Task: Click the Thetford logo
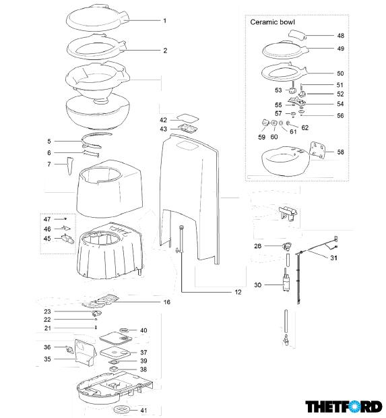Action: coord(344,407)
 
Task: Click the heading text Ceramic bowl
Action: coord(272,22)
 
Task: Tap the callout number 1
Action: coord(165,20)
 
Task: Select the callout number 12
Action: coord(238,292)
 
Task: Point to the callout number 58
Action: coord(340,152)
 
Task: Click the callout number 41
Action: coord(143,411)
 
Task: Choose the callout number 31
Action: coord(333,258)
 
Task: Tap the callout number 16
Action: coord(167,302)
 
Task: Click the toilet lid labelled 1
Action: coord(98,18)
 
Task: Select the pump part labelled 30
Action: coord(286,283)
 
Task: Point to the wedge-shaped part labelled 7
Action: coord(70,166)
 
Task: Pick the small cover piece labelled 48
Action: coord(297,34)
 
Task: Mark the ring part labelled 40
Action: coord(123,330)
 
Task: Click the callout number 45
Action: coord(47,238)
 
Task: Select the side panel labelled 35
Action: coord(85,352)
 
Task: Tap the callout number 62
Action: coord(304,127)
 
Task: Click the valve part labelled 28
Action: coord(287,246)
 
